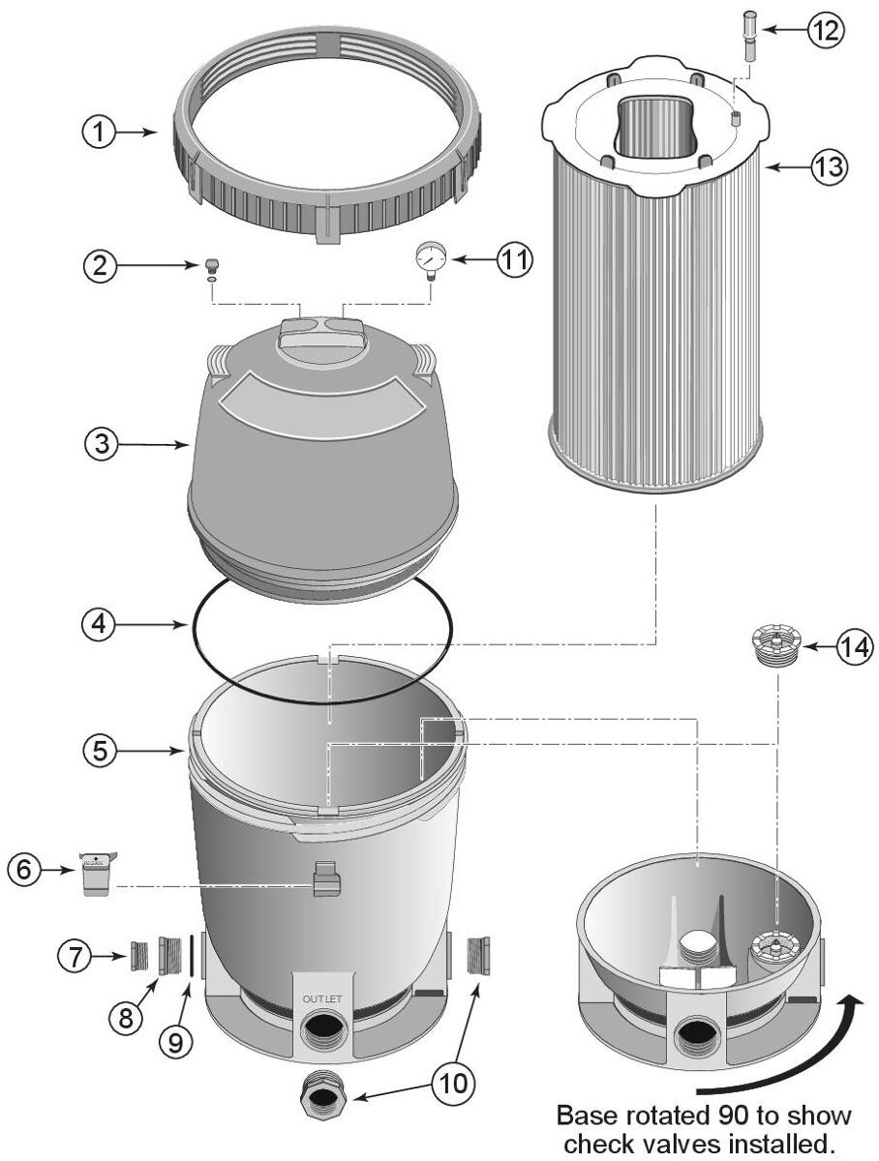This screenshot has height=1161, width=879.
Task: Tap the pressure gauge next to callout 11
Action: point(428,258)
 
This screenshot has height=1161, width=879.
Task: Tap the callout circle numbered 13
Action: point(829,165)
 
